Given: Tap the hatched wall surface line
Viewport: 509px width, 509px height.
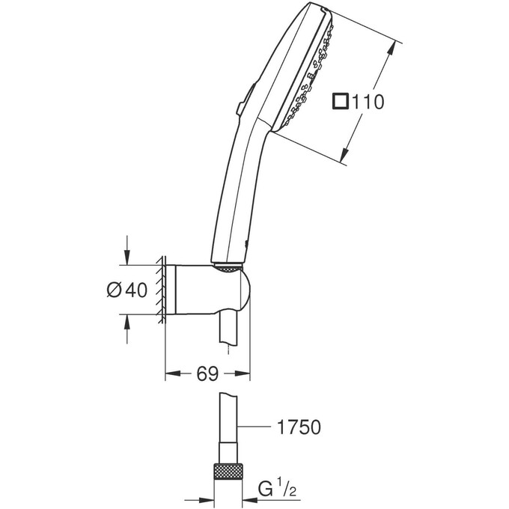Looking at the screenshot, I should [x=160, y=290].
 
